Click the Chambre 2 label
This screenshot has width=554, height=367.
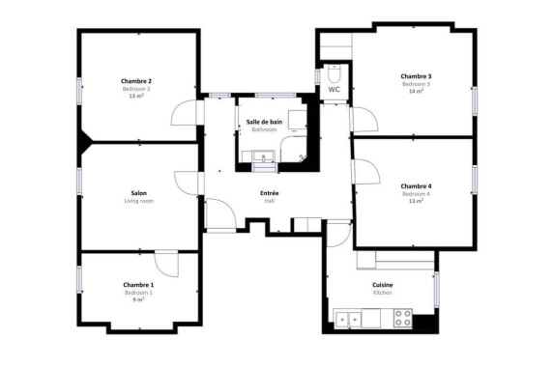(x=135, y=81)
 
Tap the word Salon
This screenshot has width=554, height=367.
(x=138, y=193)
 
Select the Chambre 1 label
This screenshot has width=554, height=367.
(x=138, y=285)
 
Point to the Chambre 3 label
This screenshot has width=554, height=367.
(x=416, y=76)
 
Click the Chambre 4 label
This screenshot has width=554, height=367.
(x=416, y=186)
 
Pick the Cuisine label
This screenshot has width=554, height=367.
(x=382, y=285)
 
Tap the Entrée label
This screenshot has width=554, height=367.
(x=270, y=193)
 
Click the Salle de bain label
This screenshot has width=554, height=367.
(x=264, y=122)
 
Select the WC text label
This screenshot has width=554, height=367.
(x=334, y=90)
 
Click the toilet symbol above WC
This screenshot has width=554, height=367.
(x=333, y=72)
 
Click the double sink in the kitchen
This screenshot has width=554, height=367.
(x=348, y=317)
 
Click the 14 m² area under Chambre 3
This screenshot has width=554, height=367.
(x=416, y=93)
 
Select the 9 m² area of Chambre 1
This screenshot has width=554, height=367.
(x=138, y=300)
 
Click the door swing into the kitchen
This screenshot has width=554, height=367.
(x=338, y=234)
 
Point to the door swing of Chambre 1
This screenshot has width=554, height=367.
(x=166, y=264)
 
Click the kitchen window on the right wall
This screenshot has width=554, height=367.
(x=435, y=289)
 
